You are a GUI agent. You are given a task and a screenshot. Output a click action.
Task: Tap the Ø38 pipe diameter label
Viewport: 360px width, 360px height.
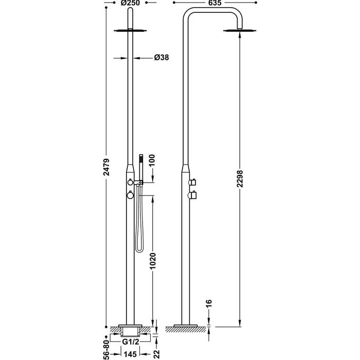(161, 58)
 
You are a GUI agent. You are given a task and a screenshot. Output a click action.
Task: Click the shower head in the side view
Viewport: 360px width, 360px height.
(238, 31)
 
